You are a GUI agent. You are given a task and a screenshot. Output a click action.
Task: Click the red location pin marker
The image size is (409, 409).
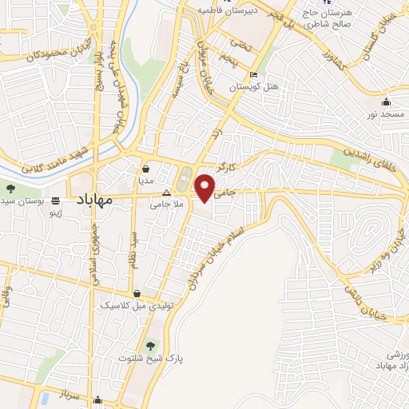[205, 187]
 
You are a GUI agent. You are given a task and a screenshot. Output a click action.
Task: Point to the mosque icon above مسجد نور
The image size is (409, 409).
[387, 101]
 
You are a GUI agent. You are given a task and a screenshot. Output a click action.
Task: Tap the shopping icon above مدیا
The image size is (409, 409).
[147, 169]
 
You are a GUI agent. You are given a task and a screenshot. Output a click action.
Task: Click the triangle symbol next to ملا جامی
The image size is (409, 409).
[166, 193]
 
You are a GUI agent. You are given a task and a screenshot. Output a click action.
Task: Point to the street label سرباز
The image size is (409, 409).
[47, 396]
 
